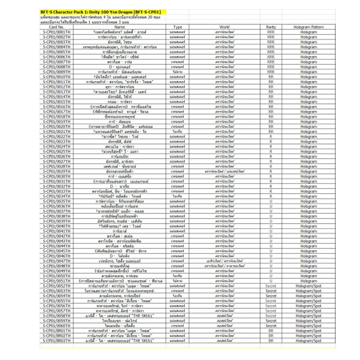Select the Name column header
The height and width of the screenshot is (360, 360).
(x=120, y=27)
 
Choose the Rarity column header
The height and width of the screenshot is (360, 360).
(x=271, y=27)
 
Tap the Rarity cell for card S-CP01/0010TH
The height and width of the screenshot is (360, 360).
(x=271, y=76)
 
